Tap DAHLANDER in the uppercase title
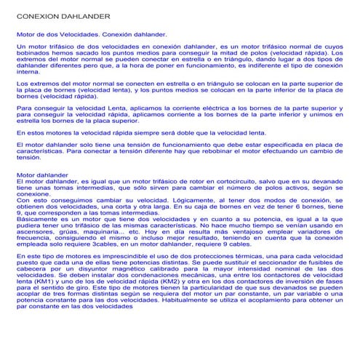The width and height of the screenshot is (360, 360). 82,15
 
